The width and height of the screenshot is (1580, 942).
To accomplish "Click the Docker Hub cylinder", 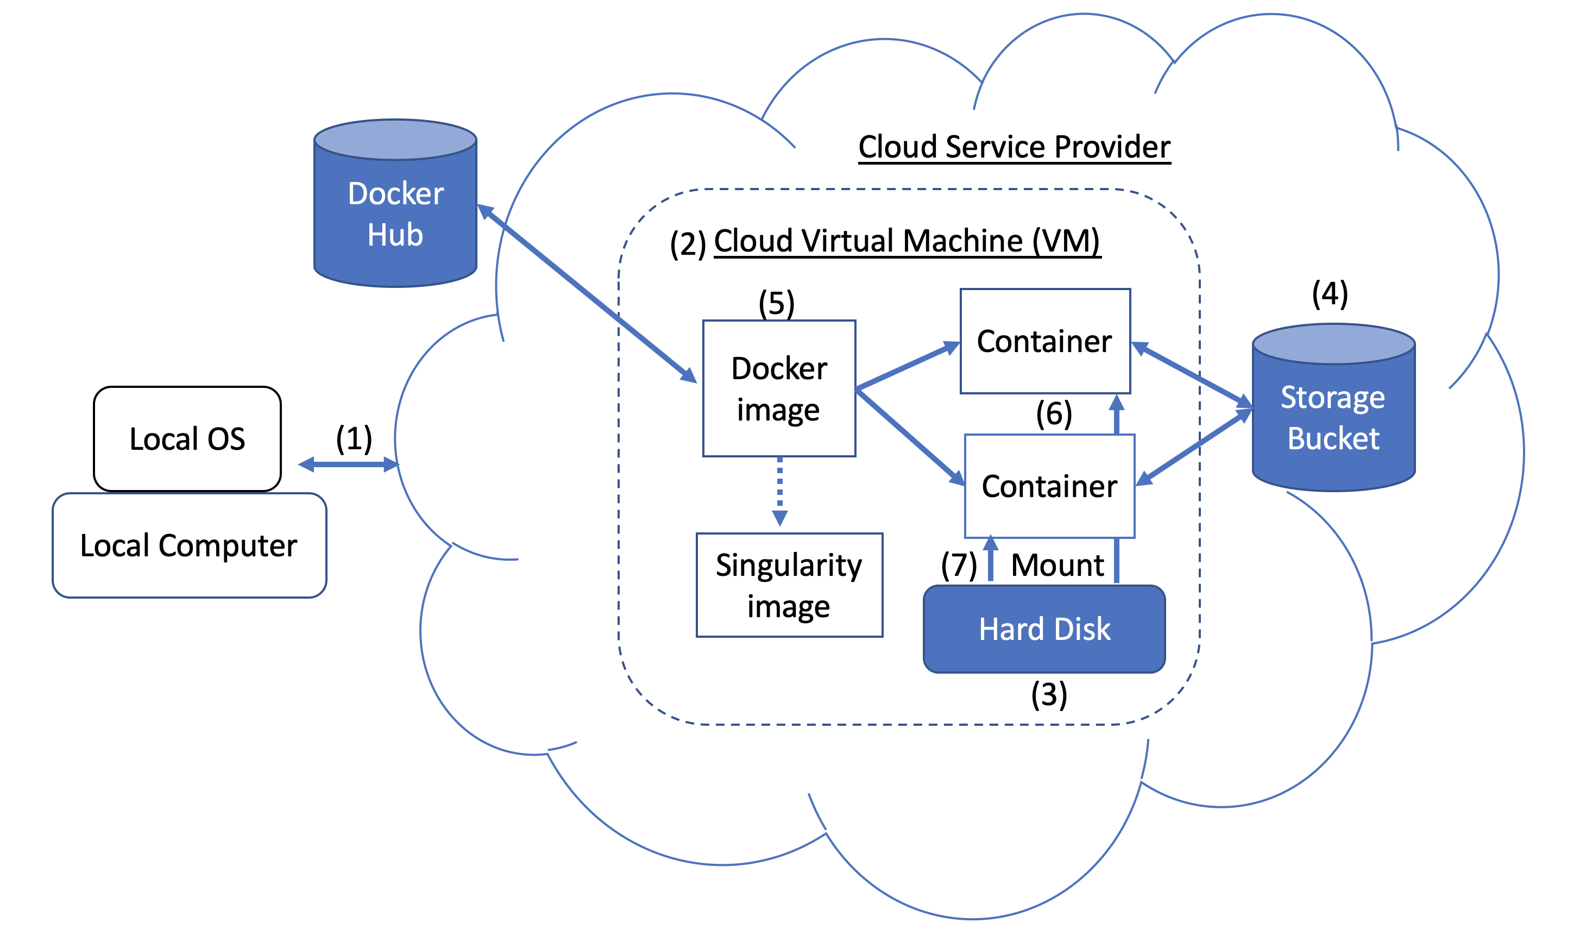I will pyautogui.click(x=395, y=212).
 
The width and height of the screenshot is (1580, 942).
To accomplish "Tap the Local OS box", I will pyautogui.click(x=187, y=438).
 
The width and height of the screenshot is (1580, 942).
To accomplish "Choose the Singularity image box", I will pyautogui.click(x=789, y=585).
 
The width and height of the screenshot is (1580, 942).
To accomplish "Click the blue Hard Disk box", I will pyautogui.click(x=1044, y=629).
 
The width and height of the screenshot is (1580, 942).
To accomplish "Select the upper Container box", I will pyautogui.click(x=1044, y=342).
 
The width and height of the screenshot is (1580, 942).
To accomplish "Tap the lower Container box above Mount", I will pyautogui.click(x=1049, y=486).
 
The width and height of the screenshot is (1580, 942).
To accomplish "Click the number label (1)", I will pyautogui.click(x=354, y=438).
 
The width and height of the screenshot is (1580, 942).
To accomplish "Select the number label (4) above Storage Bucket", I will pyautogui.click(x=1330, y=294).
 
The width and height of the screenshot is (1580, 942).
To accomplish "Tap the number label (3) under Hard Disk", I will pyautogui.click(x=1049, y=694).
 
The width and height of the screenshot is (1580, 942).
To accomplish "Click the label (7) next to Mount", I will pyautogui.click(x=959, y=564).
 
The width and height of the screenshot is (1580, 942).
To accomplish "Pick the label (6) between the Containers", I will pyautogui.click(x=1054, y=414).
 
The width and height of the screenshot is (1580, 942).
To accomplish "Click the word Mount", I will pyautogui.click(x=1057, y=564).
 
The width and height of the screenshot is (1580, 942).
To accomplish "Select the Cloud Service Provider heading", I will pyautogui.click(x=1014, y=147).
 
